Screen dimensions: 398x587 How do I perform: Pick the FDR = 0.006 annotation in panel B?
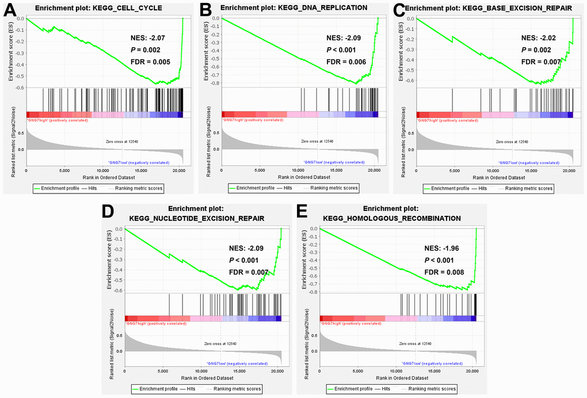(x=346, y=62)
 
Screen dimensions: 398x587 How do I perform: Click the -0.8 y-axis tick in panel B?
(x=215, y=83)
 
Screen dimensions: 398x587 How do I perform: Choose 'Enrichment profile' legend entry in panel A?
(x=56, y=188)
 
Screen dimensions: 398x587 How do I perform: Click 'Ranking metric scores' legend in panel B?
(x=334, y=188)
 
